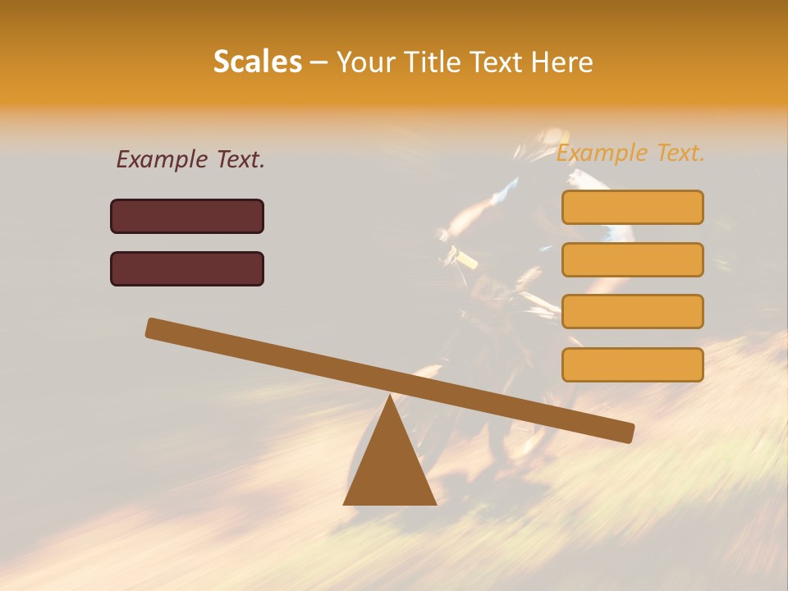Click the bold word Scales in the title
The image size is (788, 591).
257,62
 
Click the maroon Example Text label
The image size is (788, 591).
190,160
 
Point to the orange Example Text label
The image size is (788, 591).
630,153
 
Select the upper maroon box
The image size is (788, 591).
187,216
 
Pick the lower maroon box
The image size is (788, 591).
187,268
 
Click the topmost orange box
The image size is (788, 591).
632,207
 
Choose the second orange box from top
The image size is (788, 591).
632,259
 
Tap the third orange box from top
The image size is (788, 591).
632,311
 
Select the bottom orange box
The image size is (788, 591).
632,364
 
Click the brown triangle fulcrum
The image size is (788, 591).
390,464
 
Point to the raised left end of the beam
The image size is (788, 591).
153,328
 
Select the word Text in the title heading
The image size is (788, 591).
496,62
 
